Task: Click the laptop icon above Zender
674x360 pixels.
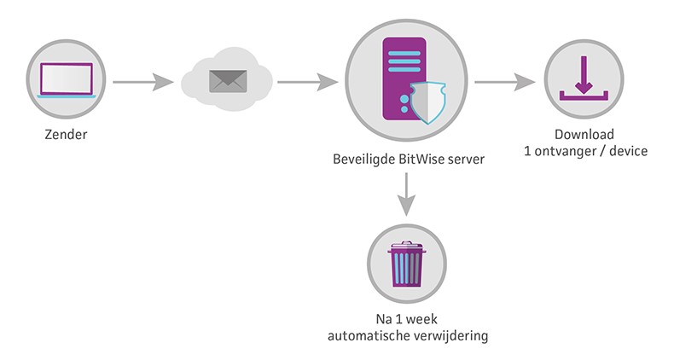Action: coord(65,83)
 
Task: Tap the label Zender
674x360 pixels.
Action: coord(65,135)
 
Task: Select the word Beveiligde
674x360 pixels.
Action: coord(364,159)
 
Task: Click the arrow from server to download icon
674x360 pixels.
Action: coord(504,83)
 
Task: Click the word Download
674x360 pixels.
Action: coord(584,135)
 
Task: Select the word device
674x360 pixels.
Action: coord(628,151)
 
